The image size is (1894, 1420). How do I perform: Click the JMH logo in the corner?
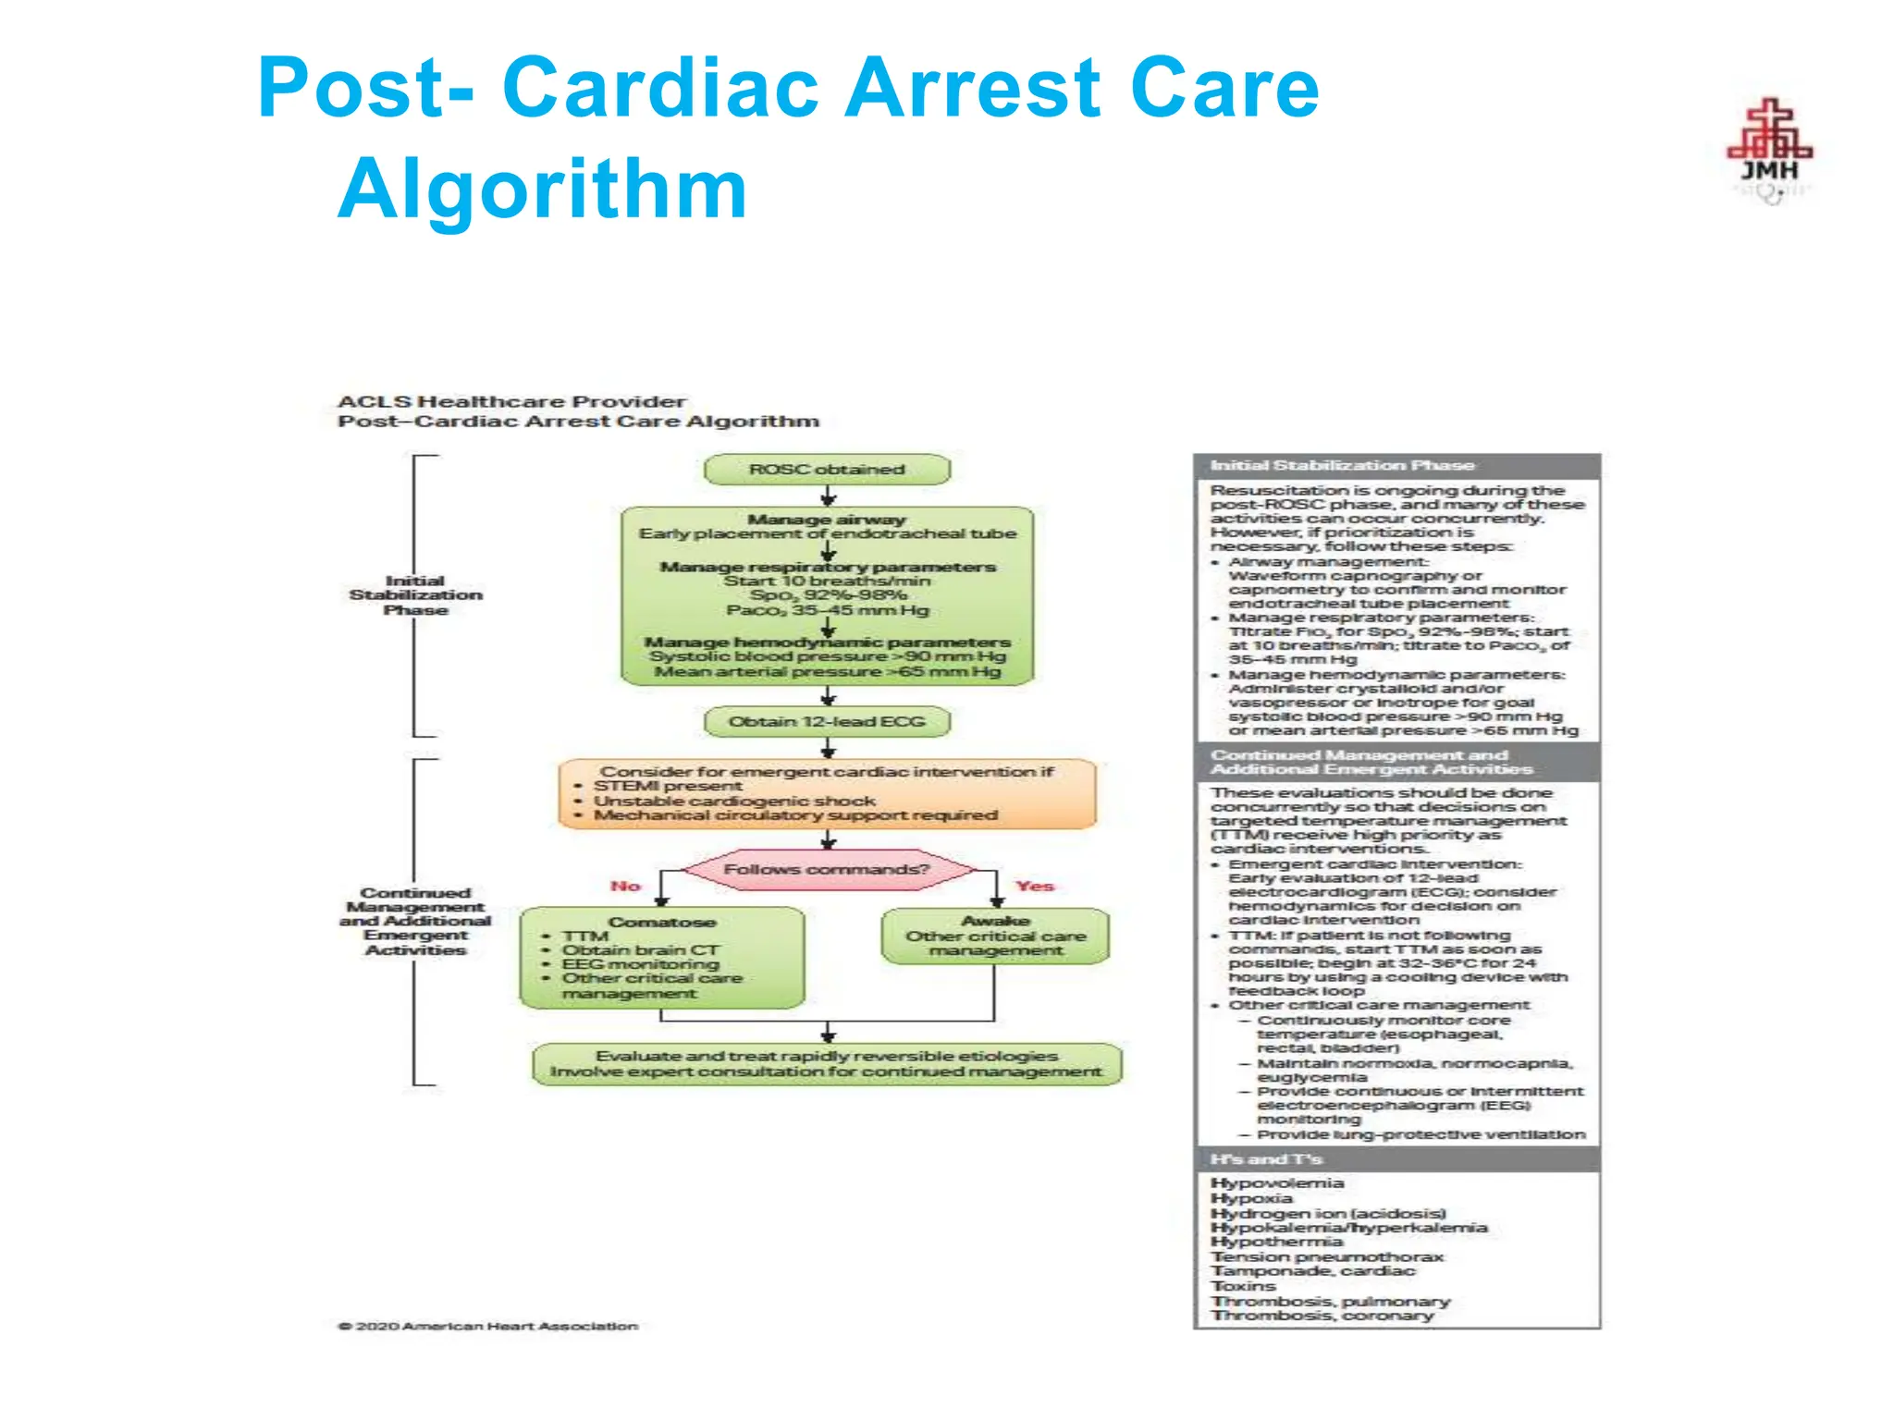click(1769, 151)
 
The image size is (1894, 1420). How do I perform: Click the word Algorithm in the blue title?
click(543, 190)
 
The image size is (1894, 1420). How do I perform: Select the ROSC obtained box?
click(827, 470)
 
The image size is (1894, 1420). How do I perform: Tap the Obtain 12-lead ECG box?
click(827, 722)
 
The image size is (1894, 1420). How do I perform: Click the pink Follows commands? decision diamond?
click(827, 869)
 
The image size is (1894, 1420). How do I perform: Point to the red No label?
click(625, 886)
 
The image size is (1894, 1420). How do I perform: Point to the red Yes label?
click(1034, 886)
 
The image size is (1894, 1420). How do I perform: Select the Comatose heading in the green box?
click(662, 922)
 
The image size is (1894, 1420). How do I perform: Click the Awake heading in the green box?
click(995, 921)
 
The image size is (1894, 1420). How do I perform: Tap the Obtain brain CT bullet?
click(640, 949)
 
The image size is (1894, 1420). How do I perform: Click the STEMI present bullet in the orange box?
click(667, 786)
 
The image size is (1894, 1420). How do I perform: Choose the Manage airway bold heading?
click(827, 520)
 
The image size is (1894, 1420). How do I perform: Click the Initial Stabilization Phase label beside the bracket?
click(415, 595)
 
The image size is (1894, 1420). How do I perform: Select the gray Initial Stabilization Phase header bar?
click(1396, 466)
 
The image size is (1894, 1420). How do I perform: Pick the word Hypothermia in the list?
click(1276, 1242)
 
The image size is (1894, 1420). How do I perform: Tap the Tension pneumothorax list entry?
click(1327, 1256)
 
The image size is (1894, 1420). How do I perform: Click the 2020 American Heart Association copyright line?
click(488, 1326)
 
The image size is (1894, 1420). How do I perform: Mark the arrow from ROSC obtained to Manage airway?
click(828, 496)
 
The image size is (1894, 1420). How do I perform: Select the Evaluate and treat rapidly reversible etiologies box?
click(827, 1064)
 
